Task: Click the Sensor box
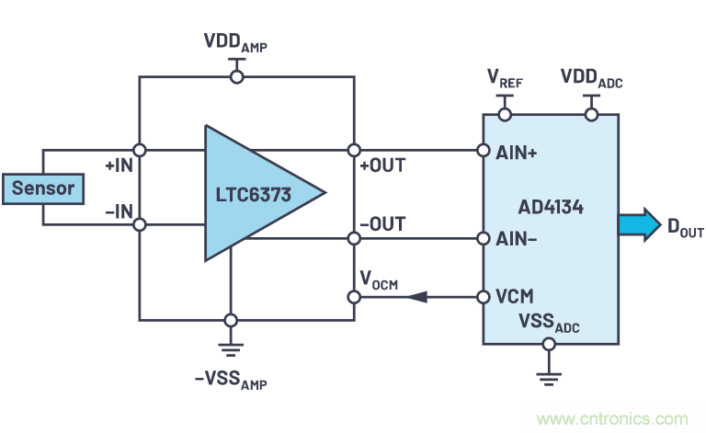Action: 42,189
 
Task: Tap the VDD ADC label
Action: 591,80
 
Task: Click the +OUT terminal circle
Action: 353,150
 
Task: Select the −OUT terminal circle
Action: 353,238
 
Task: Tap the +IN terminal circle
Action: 140,150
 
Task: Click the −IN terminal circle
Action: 140,223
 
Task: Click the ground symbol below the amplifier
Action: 231,348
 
